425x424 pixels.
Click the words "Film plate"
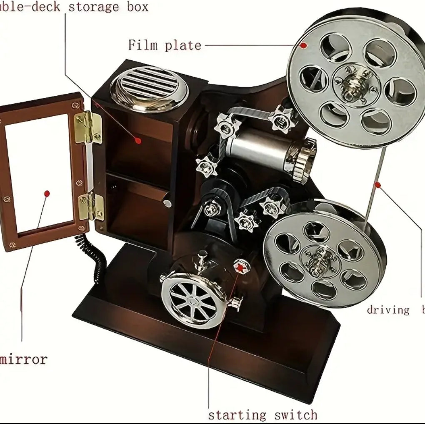[165, 45]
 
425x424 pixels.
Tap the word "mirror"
[24, 359]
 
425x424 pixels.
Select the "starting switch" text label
[262, 414]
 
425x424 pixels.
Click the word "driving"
[388, 309]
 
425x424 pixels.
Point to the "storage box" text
[108, 7]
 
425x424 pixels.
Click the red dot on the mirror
[47, 193]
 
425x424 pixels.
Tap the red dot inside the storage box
[138, 140]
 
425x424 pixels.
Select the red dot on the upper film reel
[304, 45]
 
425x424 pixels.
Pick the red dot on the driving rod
[377, 184]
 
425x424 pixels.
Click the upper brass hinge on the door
[88, 127]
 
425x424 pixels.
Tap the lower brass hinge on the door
[90, 206]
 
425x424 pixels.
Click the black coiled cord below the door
[92, 257]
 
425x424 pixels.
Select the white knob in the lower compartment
[167, 203]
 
